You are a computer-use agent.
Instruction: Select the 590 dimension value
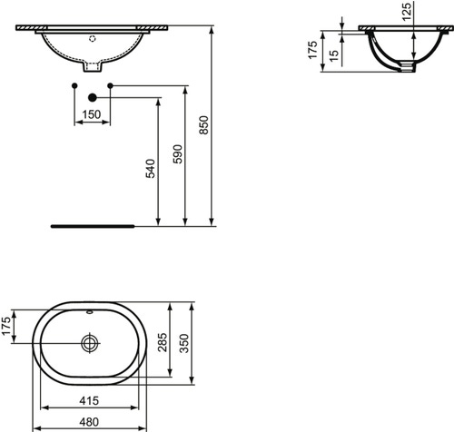point(178,154)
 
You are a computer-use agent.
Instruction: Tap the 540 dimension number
point(152,169)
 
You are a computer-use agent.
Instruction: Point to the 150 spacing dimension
point(91,114)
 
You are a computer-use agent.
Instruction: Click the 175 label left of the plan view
point(8,325)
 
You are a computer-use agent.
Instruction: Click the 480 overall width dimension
point(89,423)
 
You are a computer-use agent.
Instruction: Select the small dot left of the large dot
point(73,85)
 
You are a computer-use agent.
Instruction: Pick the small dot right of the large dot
point(109,85)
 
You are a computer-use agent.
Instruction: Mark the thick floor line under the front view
point(91,224)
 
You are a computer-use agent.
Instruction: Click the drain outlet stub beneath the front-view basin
point(91,67)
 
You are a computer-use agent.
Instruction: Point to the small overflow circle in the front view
point(91,39)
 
